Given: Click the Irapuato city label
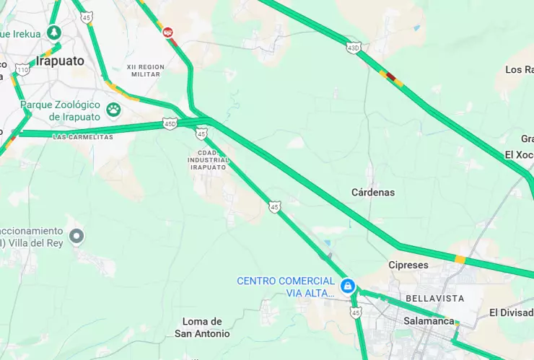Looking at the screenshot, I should [60, 61].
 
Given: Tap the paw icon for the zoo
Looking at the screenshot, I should [113, 109].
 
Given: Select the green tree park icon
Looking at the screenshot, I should [53, 32].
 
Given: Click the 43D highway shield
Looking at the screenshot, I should [353, 48].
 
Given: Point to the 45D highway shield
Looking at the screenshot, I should [170, 123].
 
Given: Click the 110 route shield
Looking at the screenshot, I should [22, 69].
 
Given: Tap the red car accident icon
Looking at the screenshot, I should [168, 32].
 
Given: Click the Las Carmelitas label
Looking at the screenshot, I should [83, 137].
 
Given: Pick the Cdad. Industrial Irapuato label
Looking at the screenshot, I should [209, 159].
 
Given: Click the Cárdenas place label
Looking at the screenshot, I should [373, 193].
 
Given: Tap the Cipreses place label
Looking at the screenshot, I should [408, 265].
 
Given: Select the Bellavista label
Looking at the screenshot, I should [429, 298].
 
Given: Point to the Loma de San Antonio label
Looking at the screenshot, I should [202, 328].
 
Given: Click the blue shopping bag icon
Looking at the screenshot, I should [348, 286].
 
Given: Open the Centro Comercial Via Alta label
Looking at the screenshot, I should [286, 286].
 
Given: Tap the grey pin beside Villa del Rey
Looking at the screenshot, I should [76, 235].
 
